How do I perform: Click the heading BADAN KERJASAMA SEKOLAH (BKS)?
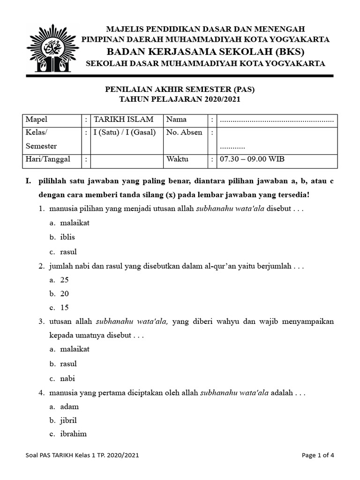click(205, 51)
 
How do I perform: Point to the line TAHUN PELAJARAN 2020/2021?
click(181, 99)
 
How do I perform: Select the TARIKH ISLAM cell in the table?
click(116, 120)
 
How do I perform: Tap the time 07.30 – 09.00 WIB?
click(252, 159)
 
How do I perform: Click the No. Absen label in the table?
click(184, 132)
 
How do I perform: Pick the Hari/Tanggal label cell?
click(48, 159)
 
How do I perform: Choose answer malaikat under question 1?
click(75, 223)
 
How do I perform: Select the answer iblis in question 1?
click(67, 237)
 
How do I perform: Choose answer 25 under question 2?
click(64, 280)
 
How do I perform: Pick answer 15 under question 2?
click(64, 307)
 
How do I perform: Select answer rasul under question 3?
click(68, 364)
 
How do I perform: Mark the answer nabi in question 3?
click(67, 378)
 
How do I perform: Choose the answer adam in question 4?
click(69, 406)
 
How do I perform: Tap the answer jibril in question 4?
click(68, 420)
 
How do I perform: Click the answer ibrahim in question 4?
click(73, 434)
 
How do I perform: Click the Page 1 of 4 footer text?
click(318, 455)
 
